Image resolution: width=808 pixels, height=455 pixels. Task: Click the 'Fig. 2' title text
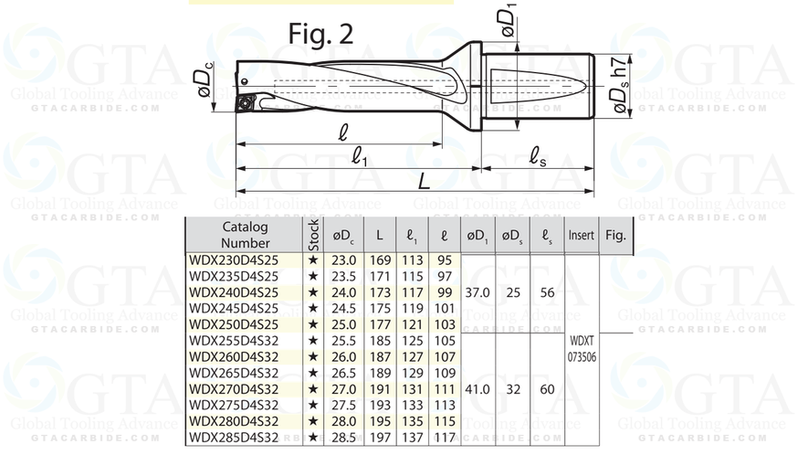click(320, 33)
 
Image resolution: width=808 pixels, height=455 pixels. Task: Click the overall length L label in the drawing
click(424, 182)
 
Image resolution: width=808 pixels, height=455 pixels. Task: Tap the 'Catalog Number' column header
click(245, 235)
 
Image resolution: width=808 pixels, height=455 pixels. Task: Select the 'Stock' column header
click(313, 235)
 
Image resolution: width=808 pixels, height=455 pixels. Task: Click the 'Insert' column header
click(582, 236)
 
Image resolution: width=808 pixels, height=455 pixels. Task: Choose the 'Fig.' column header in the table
click(615, 236)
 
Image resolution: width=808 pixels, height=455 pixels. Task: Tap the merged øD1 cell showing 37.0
click(478, 292)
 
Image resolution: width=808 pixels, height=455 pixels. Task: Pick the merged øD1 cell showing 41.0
click(478, 388)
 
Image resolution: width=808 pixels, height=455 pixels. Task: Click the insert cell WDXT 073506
click(582, 348)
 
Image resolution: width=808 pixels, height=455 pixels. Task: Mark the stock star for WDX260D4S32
click(313, 356)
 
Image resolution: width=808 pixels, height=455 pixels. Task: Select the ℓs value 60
click(547, 388)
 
